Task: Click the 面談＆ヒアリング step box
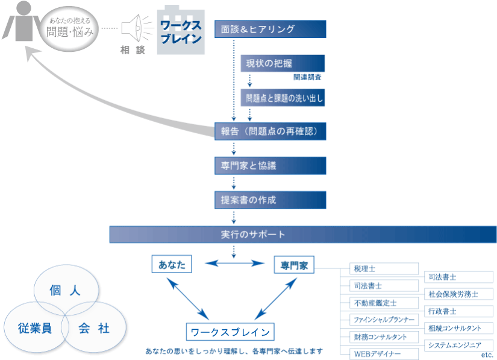click(270, 29)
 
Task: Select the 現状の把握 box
click(283, 63)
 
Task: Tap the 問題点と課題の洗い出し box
click(283, 98)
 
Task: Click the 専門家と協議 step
click(270, 165)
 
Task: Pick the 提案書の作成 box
click(270, 200)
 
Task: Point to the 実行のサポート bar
click(302, 234)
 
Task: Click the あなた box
click(172, 264)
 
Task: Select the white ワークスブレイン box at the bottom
click(230, 332)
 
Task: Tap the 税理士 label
click(384, 268)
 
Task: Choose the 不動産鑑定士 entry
click(384, 303)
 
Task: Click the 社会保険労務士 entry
click(458, 294)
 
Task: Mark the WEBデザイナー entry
click(384, 353)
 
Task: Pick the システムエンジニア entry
click(458, 345)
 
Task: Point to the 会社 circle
click(94, 329)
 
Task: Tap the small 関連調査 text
click(308, 78)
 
